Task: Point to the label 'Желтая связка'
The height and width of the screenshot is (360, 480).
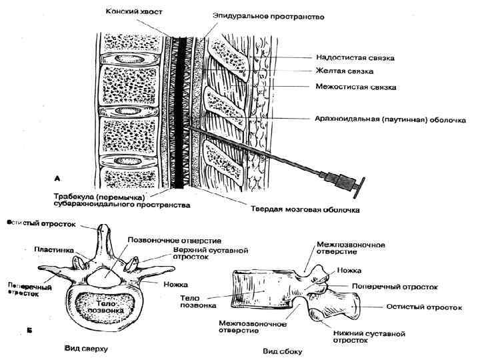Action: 345,71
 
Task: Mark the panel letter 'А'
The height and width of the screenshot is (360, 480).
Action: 59,178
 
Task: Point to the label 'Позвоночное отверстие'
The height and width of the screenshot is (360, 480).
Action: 170,239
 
